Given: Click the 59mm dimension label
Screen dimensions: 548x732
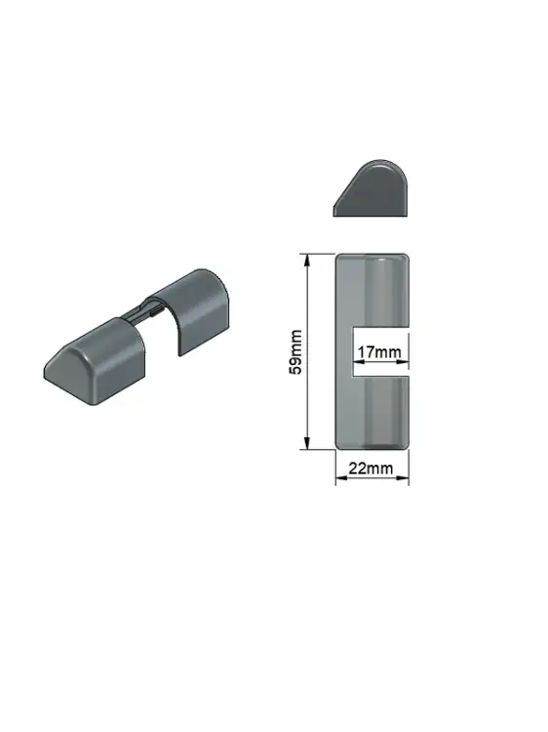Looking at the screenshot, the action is (x=295, y=352).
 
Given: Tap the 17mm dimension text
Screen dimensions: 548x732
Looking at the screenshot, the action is (x=379, y=351).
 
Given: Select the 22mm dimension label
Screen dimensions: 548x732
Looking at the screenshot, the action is (x=371, y=468).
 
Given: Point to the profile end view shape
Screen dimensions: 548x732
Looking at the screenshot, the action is (x=371, y=188).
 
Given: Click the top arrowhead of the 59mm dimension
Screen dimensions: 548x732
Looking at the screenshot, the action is (x=307, y=260).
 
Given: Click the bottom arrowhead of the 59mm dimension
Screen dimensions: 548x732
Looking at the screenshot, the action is (x=307, y=443).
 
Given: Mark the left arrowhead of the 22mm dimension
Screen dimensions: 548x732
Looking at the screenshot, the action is (x=342, y=477).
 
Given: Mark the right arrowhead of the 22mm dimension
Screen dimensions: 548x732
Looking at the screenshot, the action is (x=403, y=477).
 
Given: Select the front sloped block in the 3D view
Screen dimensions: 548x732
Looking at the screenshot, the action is (x=96, y=361).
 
